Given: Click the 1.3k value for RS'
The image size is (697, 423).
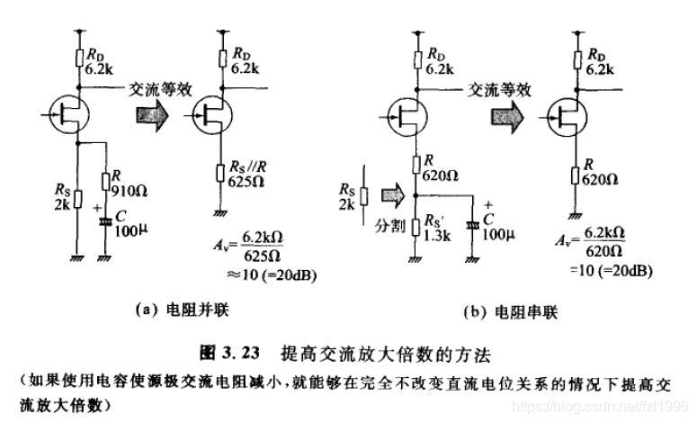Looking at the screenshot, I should click(x=440, y=235).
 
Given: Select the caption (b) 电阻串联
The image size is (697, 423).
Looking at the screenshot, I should click(x=499, y=310).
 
